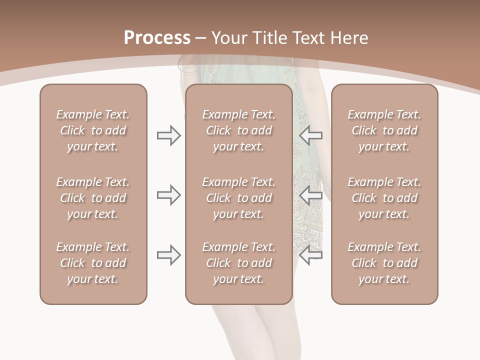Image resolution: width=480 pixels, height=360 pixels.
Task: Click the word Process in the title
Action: point(157,38)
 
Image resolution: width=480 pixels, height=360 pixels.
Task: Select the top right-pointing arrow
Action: point(168,135)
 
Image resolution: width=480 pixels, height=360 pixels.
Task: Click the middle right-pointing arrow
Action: point(168,195)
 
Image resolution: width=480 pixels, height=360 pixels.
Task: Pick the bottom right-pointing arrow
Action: point(168,255)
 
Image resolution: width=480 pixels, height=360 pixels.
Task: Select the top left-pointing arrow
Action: point(310,135)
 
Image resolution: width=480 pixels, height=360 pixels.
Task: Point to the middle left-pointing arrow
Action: point(310,195)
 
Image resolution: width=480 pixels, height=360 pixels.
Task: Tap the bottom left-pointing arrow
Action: point(310,255)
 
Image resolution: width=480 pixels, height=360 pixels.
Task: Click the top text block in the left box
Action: point(93,130)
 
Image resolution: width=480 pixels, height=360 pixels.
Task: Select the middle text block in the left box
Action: point(93,198)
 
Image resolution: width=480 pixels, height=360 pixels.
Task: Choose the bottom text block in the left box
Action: point(93,263)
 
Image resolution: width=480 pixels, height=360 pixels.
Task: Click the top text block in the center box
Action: point(238,130)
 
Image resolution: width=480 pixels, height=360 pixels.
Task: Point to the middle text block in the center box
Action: point(238,198)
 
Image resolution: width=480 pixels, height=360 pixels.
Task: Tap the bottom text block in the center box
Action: point(238,263)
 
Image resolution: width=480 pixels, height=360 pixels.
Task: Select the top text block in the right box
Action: point(384,130)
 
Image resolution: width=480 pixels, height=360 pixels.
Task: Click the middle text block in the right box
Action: point(384,198)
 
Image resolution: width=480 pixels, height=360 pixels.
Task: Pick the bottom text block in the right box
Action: point(384,263)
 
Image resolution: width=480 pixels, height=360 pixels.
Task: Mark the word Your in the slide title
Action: point(229,38)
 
